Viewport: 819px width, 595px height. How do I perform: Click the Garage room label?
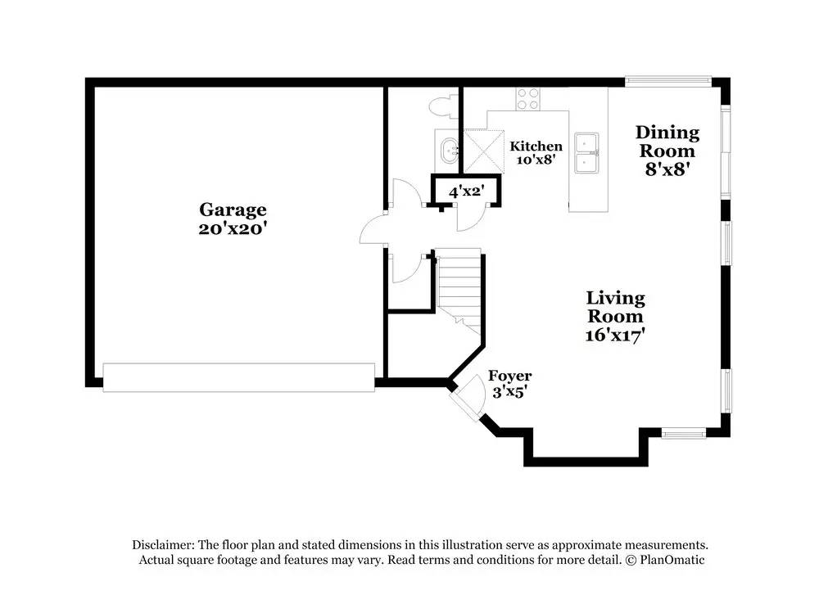(x=233, y=210)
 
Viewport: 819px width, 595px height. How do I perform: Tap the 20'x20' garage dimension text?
(x=233, y=228)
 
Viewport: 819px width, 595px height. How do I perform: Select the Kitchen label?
(x=536, y=146)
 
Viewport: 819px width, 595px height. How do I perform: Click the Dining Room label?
(x=667, y=142)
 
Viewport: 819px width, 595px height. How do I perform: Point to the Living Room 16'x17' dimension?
(x=615, y=335)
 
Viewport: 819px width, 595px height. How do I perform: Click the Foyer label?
(x=509, y=376)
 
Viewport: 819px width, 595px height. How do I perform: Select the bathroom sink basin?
(x=449, y=151)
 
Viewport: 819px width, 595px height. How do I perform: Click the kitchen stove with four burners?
(x=527, y=99)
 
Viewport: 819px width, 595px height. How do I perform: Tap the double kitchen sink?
(x=587, y=152)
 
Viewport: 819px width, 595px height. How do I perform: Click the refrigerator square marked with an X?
(x=484, y=151)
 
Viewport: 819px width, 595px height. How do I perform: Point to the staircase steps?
(x=459, y=290)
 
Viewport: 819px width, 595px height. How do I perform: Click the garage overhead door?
(x=238, y=377)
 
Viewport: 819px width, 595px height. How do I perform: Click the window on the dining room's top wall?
(x=668, y=80)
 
